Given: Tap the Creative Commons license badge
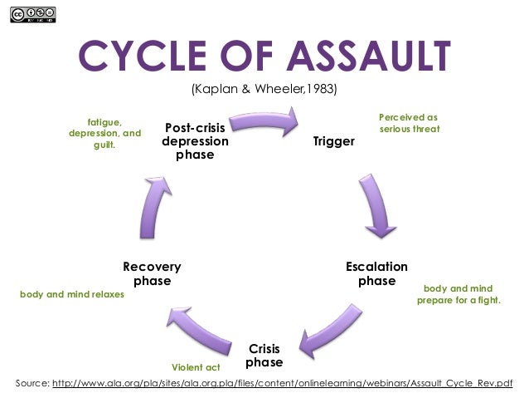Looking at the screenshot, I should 34,14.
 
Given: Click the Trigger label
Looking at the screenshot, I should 333,141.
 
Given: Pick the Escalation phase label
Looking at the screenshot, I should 376,273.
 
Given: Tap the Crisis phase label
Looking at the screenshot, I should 264,356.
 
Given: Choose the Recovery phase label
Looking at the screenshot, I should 152,273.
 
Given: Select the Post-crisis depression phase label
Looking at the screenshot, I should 196,141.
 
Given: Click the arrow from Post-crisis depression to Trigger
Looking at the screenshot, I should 264,123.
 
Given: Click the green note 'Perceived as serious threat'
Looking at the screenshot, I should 409,123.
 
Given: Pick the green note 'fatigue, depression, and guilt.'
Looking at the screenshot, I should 104,133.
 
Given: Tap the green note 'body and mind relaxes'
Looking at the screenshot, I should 71,294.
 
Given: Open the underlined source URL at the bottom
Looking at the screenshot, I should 282,384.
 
